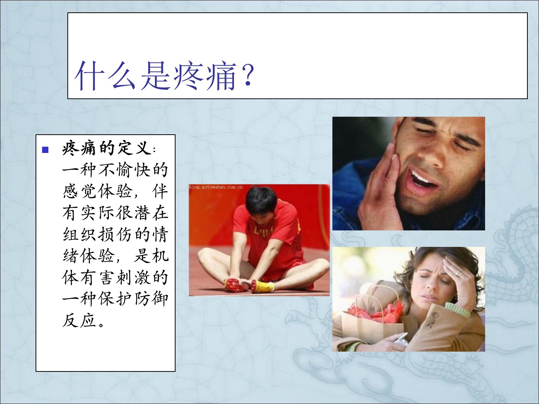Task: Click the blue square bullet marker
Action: [x=45, y=150]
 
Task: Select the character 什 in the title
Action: [x=88, y=76]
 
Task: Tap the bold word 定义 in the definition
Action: [x=134, y=149]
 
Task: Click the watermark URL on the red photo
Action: [x=216, y=187]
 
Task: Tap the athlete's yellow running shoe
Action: [x=262, y=286]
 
